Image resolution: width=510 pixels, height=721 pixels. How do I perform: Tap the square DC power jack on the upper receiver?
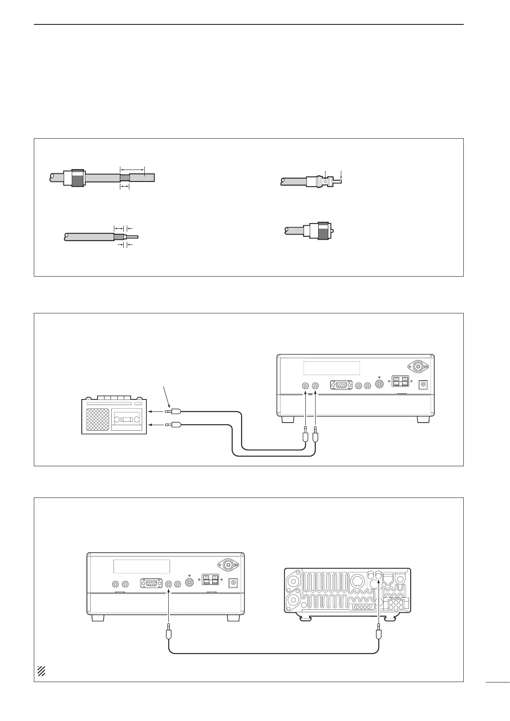tap(424, 385)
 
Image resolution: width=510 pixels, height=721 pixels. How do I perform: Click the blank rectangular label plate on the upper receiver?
tap(331, 368)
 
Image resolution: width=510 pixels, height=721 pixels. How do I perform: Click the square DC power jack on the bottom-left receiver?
tap(234, 583)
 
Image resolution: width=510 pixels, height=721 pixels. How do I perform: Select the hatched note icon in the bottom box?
tap(41, 671)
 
